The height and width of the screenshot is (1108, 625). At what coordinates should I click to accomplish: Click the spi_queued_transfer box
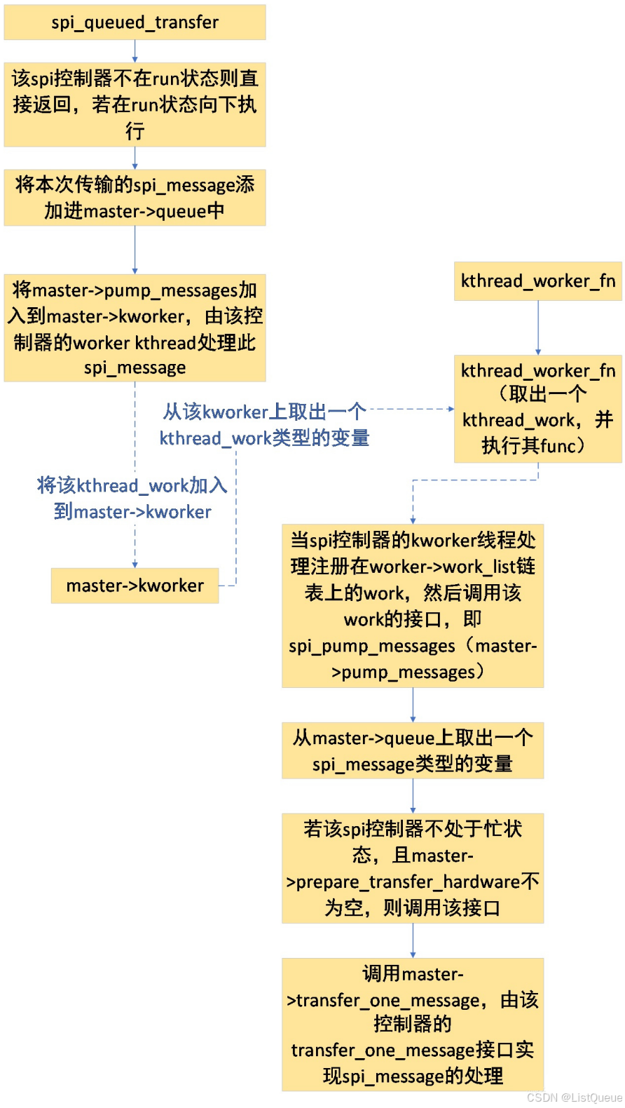(135, 22)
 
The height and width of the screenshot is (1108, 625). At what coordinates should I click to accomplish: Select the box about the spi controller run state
(135, 104)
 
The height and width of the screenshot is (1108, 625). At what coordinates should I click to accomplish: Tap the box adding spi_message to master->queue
(135, 198)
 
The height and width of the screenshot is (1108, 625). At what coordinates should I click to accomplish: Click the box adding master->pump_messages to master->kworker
(135, 328)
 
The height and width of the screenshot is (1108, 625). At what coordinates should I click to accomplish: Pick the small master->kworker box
(135, 586)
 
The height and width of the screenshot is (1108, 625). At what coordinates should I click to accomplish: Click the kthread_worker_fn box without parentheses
(537, 281)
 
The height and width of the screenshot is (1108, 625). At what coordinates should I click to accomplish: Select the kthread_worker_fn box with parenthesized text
(537, 408)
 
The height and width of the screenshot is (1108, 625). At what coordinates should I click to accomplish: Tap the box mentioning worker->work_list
(413, 606)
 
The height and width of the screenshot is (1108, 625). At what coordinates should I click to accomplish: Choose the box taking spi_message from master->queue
(413, 750)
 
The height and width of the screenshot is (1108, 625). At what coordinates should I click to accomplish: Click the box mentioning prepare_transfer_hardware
(413, 868)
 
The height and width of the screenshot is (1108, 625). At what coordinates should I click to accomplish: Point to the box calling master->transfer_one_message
(413, 1025)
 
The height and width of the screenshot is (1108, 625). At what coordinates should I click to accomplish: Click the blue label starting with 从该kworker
(264, 425)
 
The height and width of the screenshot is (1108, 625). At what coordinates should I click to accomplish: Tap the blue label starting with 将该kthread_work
(132, 498)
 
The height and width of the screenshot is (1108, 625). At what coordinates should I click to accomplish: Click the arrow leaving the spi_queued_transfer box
(135, 51)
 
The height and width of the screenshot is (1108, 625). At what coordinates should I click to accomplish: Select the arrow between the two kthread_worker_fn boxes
(537, 327)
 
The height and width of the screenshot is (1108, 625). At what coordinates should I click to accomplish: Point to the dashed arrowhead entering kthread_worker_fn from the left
(451, 409)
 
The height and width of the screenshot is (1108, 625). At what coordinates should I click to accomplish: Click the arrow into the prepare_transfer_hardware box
(413, 797)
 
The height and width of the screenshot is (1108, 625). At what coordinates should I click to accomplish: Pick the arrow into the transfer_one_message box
(413, 941)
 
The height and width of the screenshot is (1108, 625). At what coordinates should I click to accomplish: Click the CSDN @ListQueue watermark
(574, 1097)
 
